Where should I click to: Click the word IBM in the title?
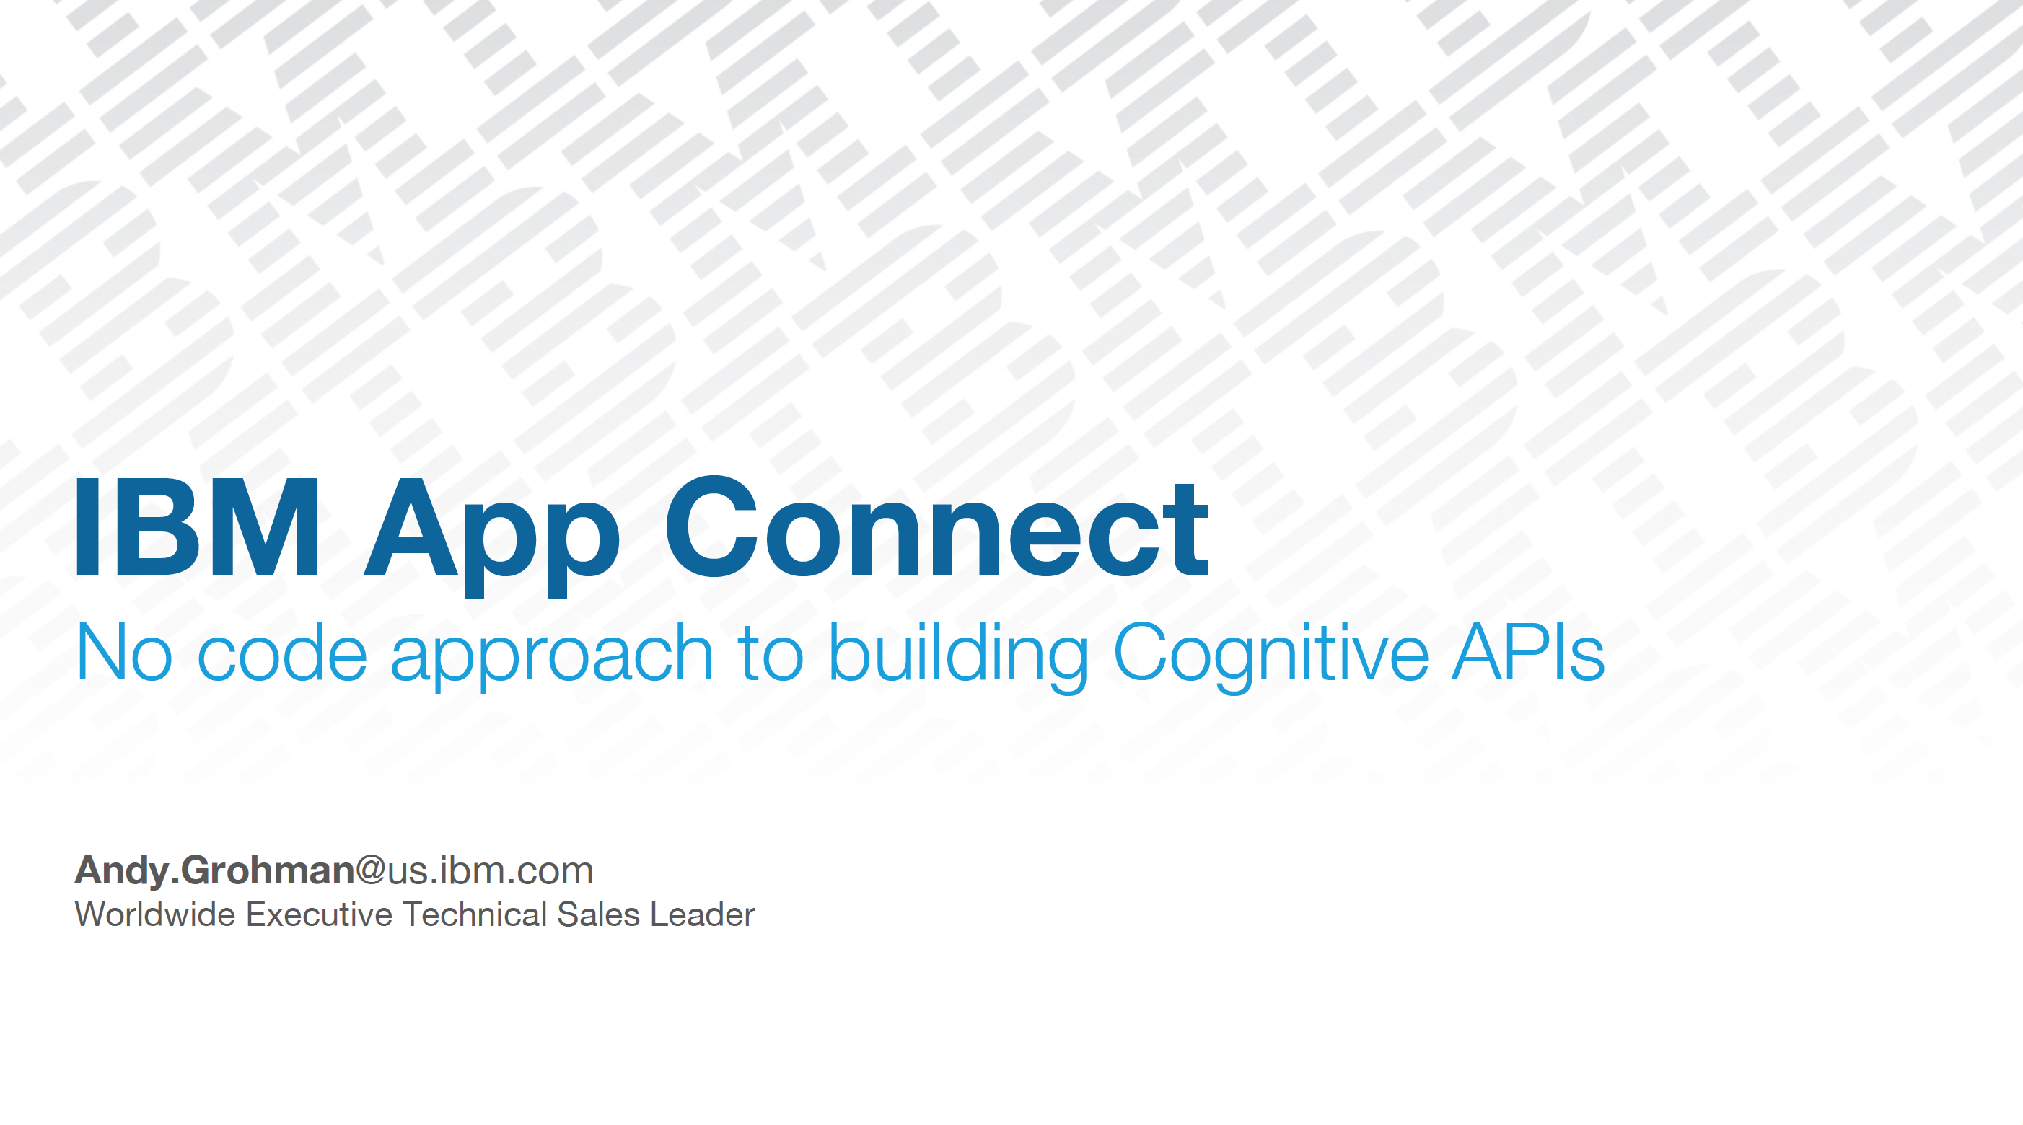click(197, 526)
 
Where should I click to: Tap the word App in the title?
click(492, 537)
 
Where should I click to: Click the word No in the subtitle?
click(124, 652)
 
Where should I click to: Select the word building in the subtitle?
click(959, 656)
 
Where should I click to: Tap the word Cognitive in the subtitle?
click(1270, 656)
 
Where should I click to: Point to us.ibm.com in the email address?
click(490, 870)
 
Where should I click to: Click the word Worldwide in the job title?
click(154, 914)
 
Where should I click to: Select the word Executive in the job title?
click(319, 914)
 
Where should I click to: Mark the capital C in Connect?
click(711, 526)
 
